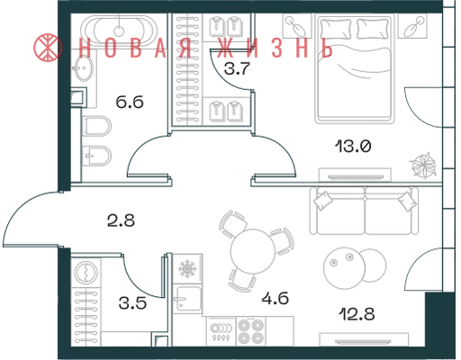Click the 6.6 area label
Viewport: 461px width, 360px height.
pyautogui.click(x=130, y=103)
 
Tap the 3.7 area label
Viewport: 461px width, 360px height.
pyautogui.click(x=237, y=68)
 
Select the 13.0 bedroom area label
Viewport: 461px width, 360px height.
pyautogui.click(x=353, y=146)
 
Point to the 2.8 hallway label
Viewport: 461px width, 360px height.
pyautogui.click(x=121, y=220)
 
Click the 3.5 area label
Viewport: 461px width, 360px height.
pyautogui.click(x=132, y=303)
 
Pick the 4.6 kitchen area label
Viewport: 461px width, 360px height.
pyautogui.click(x=275, y=299)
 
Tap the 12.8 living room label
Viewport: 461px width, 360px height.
pyautogui.click(x=357, y=314)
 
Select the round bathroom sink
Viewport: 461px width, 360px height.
pyautogui.click(x=84, y=68)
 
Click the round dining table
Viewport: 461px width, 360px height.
pyautogui.click(x=253, y=251)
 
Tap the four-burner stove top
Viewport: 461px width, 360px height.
pyautogui.click(x=251, y=331)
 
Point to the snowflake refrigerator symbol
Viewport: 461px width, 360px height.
pyautogui.click(x=187, y=268)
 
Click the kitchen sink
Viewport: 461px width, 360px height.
pyautogui.click(x=187, y=299)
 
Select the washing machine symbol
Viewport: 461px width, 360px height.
pyautogui.click(x=86, y=273)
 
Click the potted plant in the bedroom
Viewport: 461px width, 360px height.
pyautogui.click(x=422, y=166)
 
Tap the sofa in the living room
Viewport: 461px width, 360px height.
pyautogui.click(x=364, y=211)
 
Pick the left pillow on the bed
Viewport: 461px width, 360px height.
pyautogui.click(x=336, y=29)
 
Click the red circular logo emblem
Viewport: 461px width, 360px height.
pyautogui.click(x=48, y=48)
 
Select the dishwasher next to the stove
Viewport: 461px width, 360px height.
pyautogui.click(x=221, y=331)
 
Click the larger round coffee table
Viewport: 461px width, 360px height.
pyautogui.click(x=344, y=268)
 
